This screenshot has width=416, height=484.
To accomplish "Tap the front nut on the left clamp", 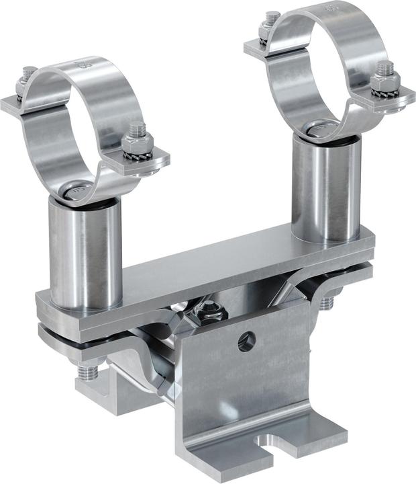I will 138,141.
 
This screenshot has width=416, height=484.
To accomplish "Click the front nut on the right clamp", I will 385,81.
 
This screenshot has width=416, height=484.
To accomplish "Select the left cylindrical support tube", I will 84,249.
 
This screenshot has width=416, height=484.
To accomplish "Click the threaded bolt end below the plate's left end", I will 87,371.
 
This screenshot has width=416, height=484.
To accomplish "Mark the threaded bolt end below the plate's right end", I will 326,302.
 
